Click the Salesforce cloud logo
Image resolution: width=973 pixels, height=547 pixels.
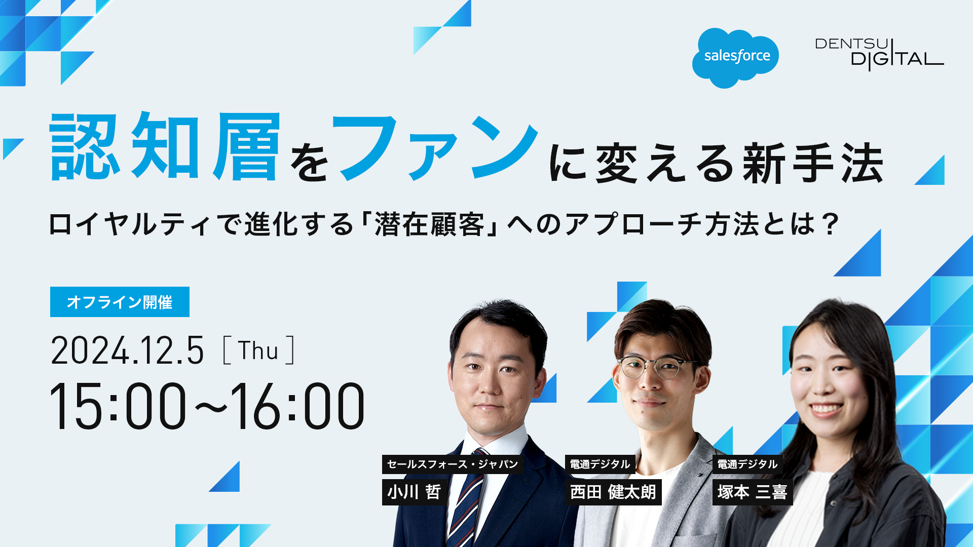click(735, 58)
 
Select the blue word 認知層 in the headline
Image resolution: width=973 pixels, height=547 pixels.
click(165, 146)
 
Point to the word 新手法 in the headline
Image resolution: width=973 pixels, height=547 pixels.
click(813, 163)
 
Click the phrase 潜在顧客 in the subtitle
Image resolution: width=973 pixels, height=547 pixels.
click(429, 224)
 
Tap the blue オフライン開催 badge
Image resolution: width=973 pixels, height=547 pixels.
click(120, 302)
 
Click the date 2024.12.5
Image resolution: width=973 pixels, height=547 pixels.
click(127, 350)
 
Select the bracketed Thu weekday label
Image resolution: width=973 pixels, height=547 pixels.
click(258, 350)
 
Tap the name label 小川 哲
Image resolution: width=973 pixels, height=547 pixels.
click(415, 492)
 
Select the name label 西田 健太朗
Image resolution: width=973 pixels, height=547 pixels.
click(613, 492)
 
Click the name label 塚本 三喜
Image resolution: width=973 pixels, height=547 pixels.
click(753, 492)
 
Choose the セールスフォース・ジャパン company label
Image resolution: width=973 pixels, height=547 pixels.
click(453, 464)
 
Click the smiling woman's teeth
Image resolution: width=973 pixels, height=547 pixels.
click(825, 408)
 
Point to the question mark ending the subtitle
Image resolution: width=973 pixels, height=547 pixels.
click(831, 224)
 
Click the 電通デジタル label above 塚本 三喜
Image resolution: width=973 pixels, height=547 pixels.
click(747, 464)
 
